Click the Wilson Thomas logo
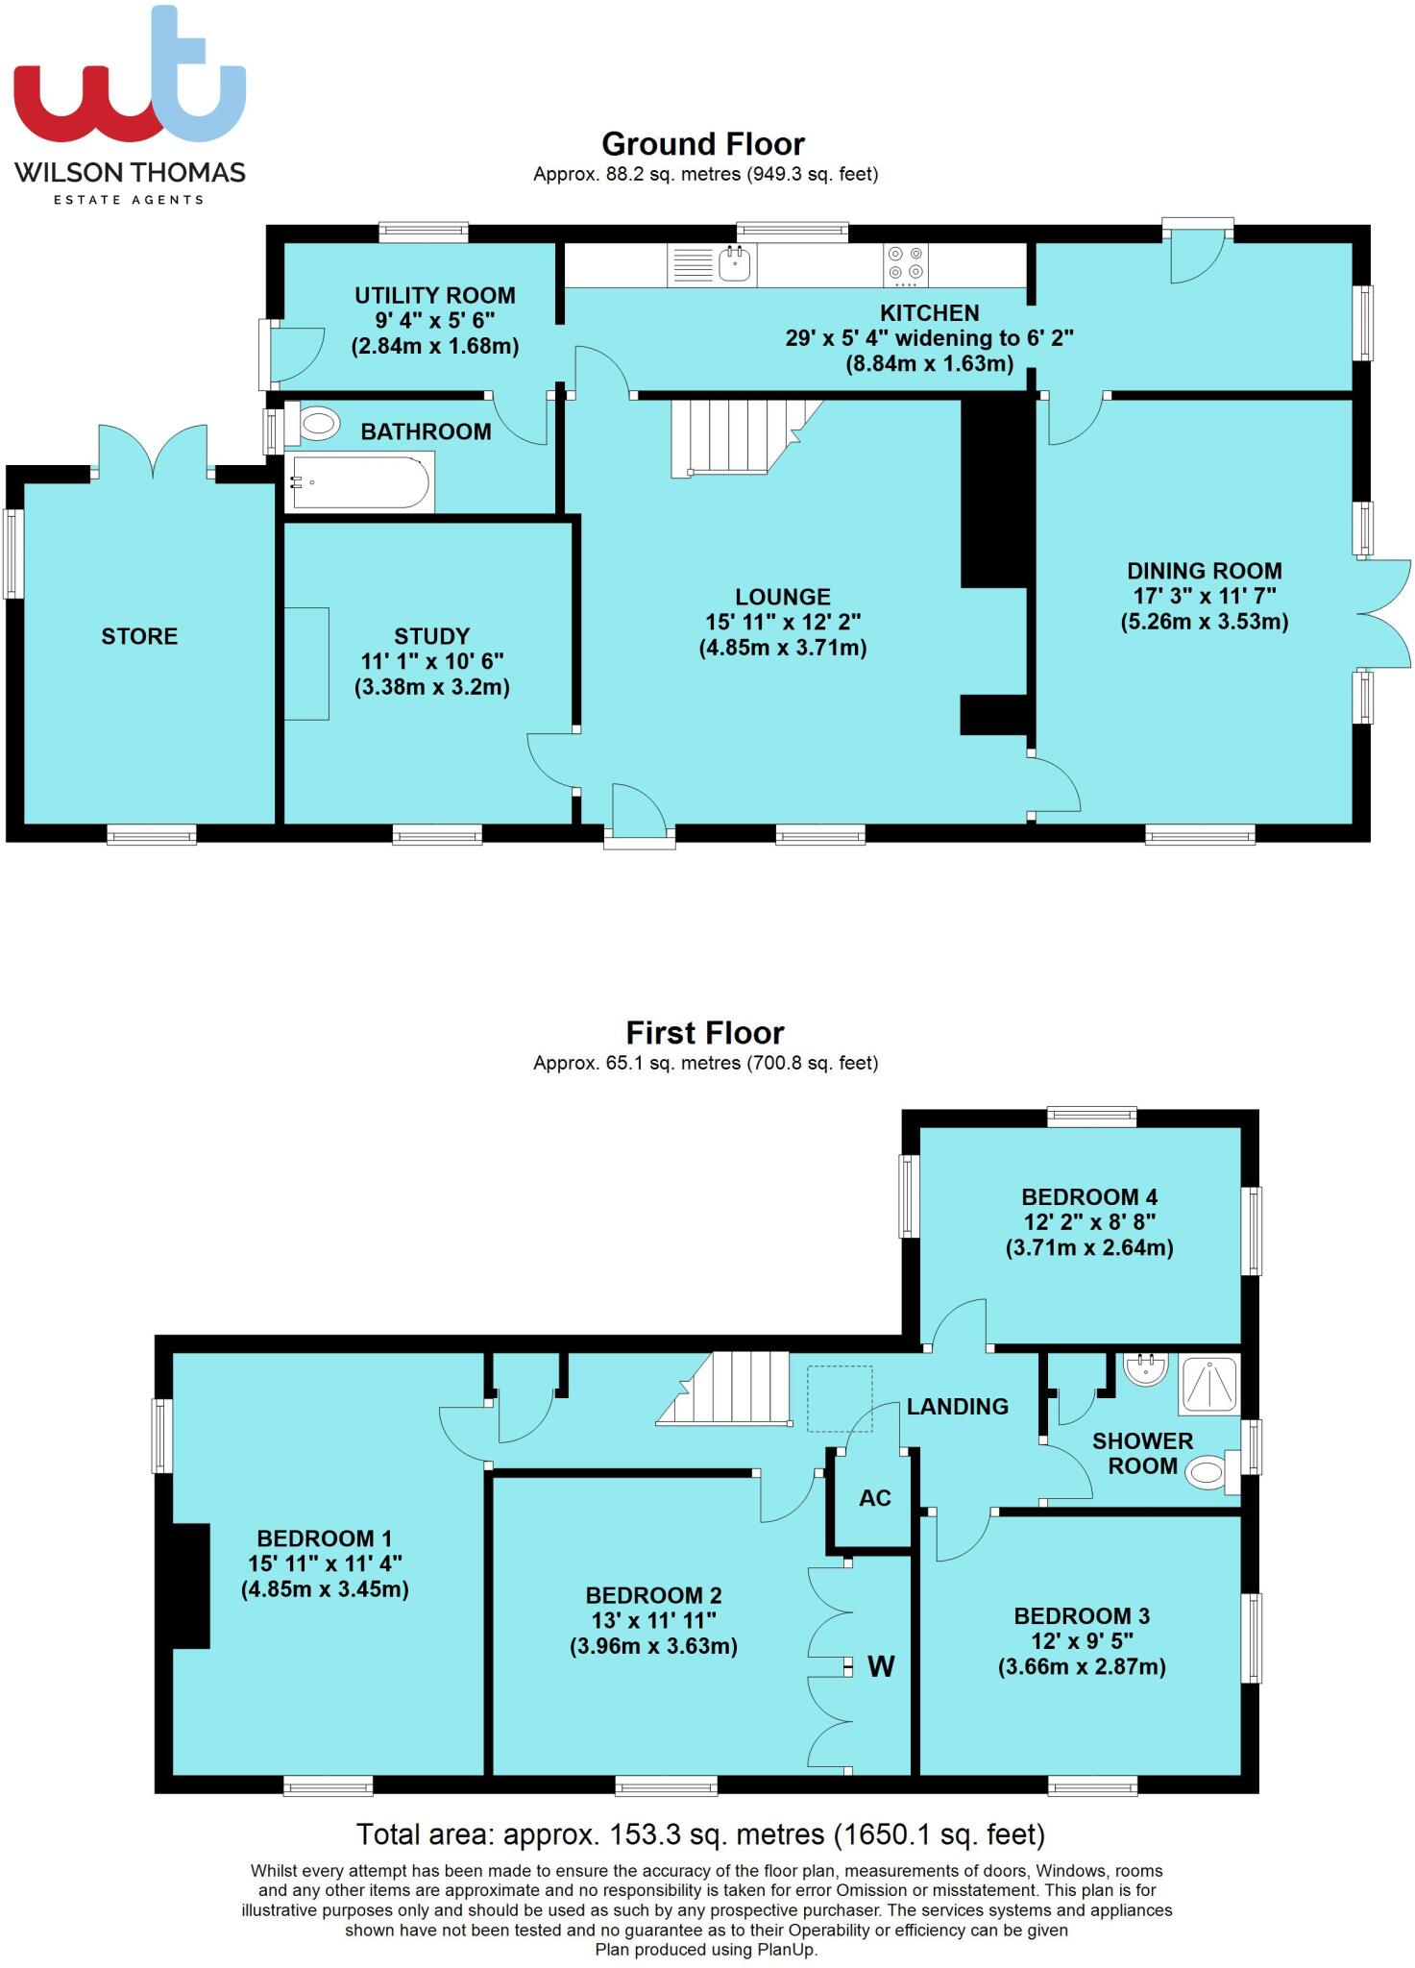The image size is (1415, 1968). pyautogui.click(x=130, y=106)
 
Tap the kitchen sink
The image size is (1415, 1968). pyautogui.click(x=737, y=263)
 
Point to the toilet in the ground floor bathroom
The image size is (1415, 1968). pyautogui.click(x=314, y=422)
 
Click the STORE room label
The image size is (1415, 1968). pyautogui.click(x=139, y=636)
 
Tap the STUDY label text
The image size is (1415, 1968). pyautogui.click(x=431, y=636)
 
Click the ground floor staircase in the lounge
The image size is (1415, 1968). pyautogui.click(x=735, y=437)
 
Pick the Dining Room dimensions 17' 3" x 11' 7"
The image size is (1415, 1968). pyautogui.click(x=1204, y=596)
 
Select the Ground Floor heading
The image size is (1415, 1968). pyautogui.click(x=703, y=144)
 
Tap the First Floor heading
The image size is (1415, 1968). pyautogui.click(x=705, y=1033)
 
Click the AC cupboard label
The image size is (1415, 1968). pyautogui.click(x=875, y=1498)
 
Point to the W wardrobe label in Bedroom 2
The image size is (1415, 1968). pyautogui.click(x=881, y=1666)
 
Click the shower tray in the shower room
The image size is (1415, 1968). pyautogui.click(x=1209, y=1385)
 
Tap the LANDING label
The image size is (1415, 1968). pyautogui.click(x=957, y=1407)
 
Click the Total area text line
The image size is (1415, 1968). pyautogui.click(x=700, y=1835)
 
